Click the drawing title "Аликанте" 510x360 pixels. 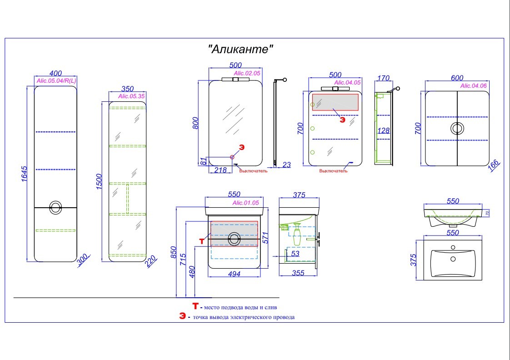(x=241, y=49)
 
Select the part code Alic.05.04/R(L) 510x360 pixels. (x=56, y=81)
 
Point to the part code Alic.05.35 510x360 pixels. (x=131, y=96)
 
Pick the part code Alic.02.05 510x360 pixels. (x=247, y=73)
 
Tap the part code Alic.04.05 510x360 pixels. (x=347, y=82)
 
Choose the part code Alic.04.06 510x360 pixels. (x=473, y=85)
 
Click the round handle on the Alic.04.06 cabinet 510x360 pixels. (x=457, y=128)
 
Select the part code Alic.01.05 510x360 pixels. (x=245, y=203)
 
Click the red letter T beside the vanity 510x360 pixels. (x=202, y=240)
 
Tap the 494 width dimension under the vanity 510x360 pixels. (x=234, y=274)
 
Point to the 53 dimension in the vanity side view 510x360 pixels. (x=295, y=253)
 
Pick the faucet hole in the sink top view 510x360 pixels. (x=453, y=248)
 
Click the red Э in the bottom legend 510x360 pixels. (x=182, y=316)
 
